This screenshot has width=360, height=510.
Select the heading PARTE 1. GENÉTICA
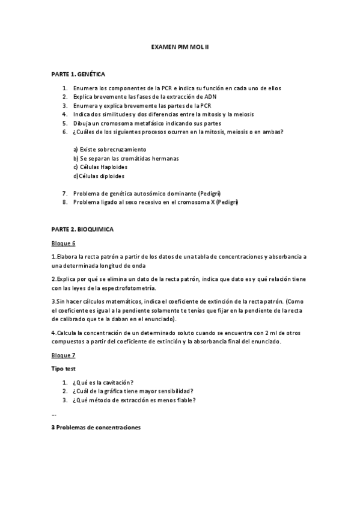[x=78, y=74]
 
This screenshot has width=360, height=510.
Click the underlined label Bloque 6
[x=63, y=243]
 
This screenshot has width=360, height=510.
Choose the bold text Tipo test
[x=64, y=368]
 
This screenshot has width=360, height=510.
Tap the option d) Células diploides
[x=99, y=176]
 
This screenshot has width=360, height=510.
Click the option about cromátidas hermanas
[x=126, y=158]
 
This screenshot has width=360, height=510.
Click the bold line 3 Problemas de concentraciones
[x=96, y=427]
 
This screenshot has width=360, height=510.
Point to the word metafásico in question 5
[x=147, y=123]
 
